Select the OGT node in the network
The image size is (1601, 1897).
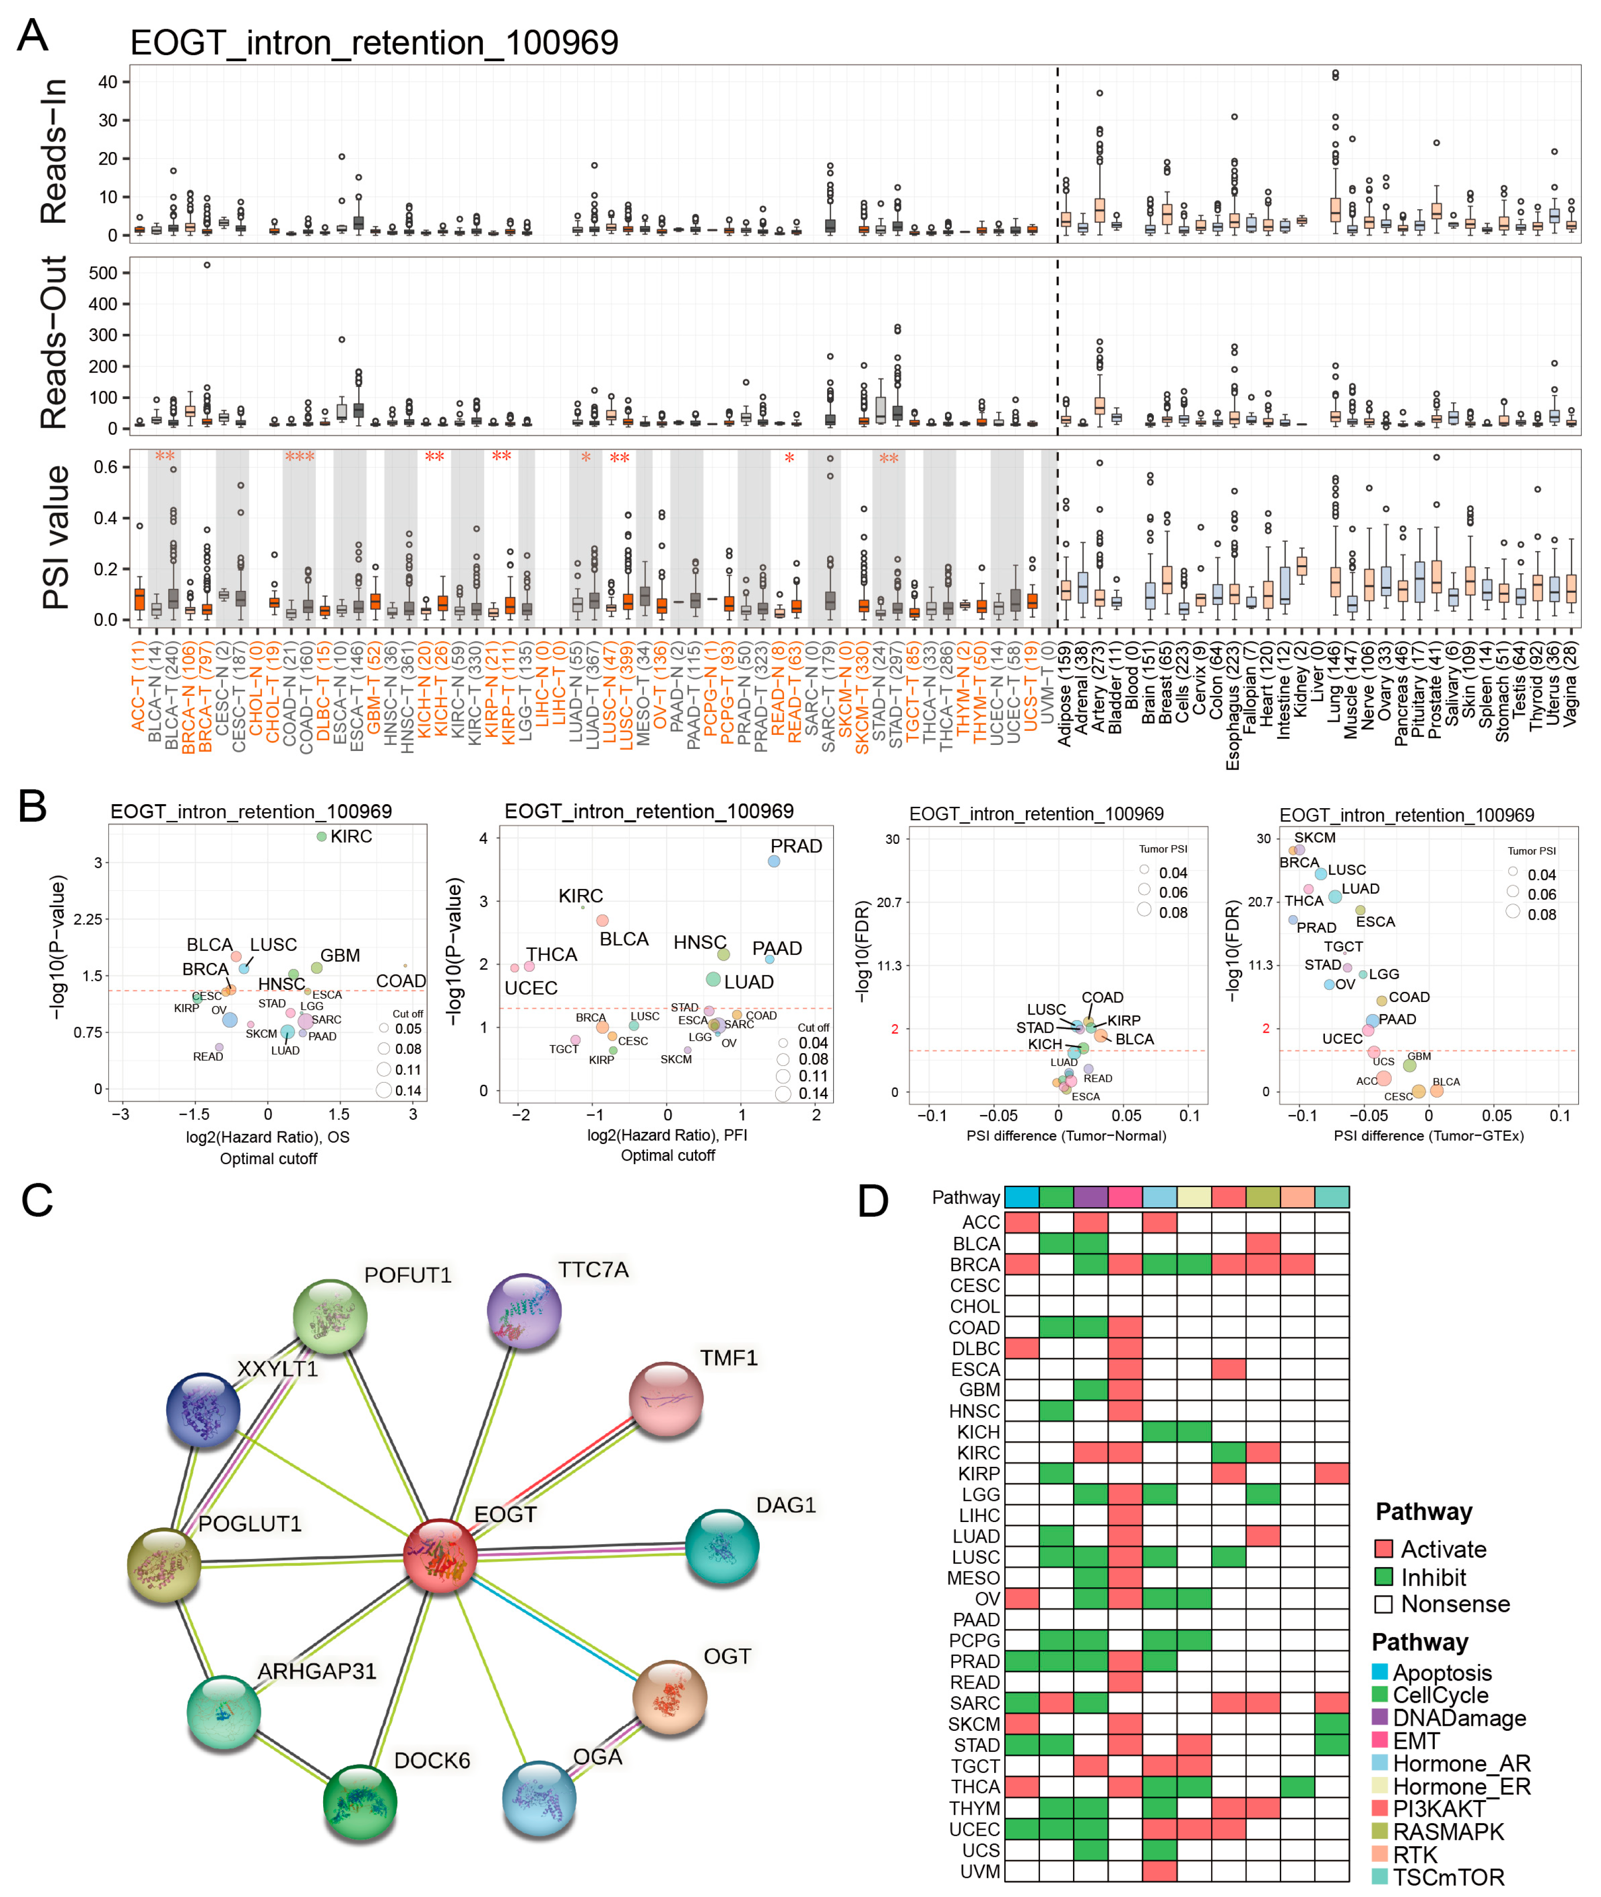click(x=669, y=1696)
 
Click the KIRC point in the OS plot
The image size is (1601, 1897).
click(x=321, y=836)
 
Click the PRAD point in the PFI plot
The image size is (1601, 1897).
click(x=773, y=860)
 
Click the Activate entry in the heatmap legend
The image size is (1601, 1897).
click(x=1443, y=1549)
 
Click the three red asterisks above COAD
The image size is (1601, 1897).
click(x=300, y=456)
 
